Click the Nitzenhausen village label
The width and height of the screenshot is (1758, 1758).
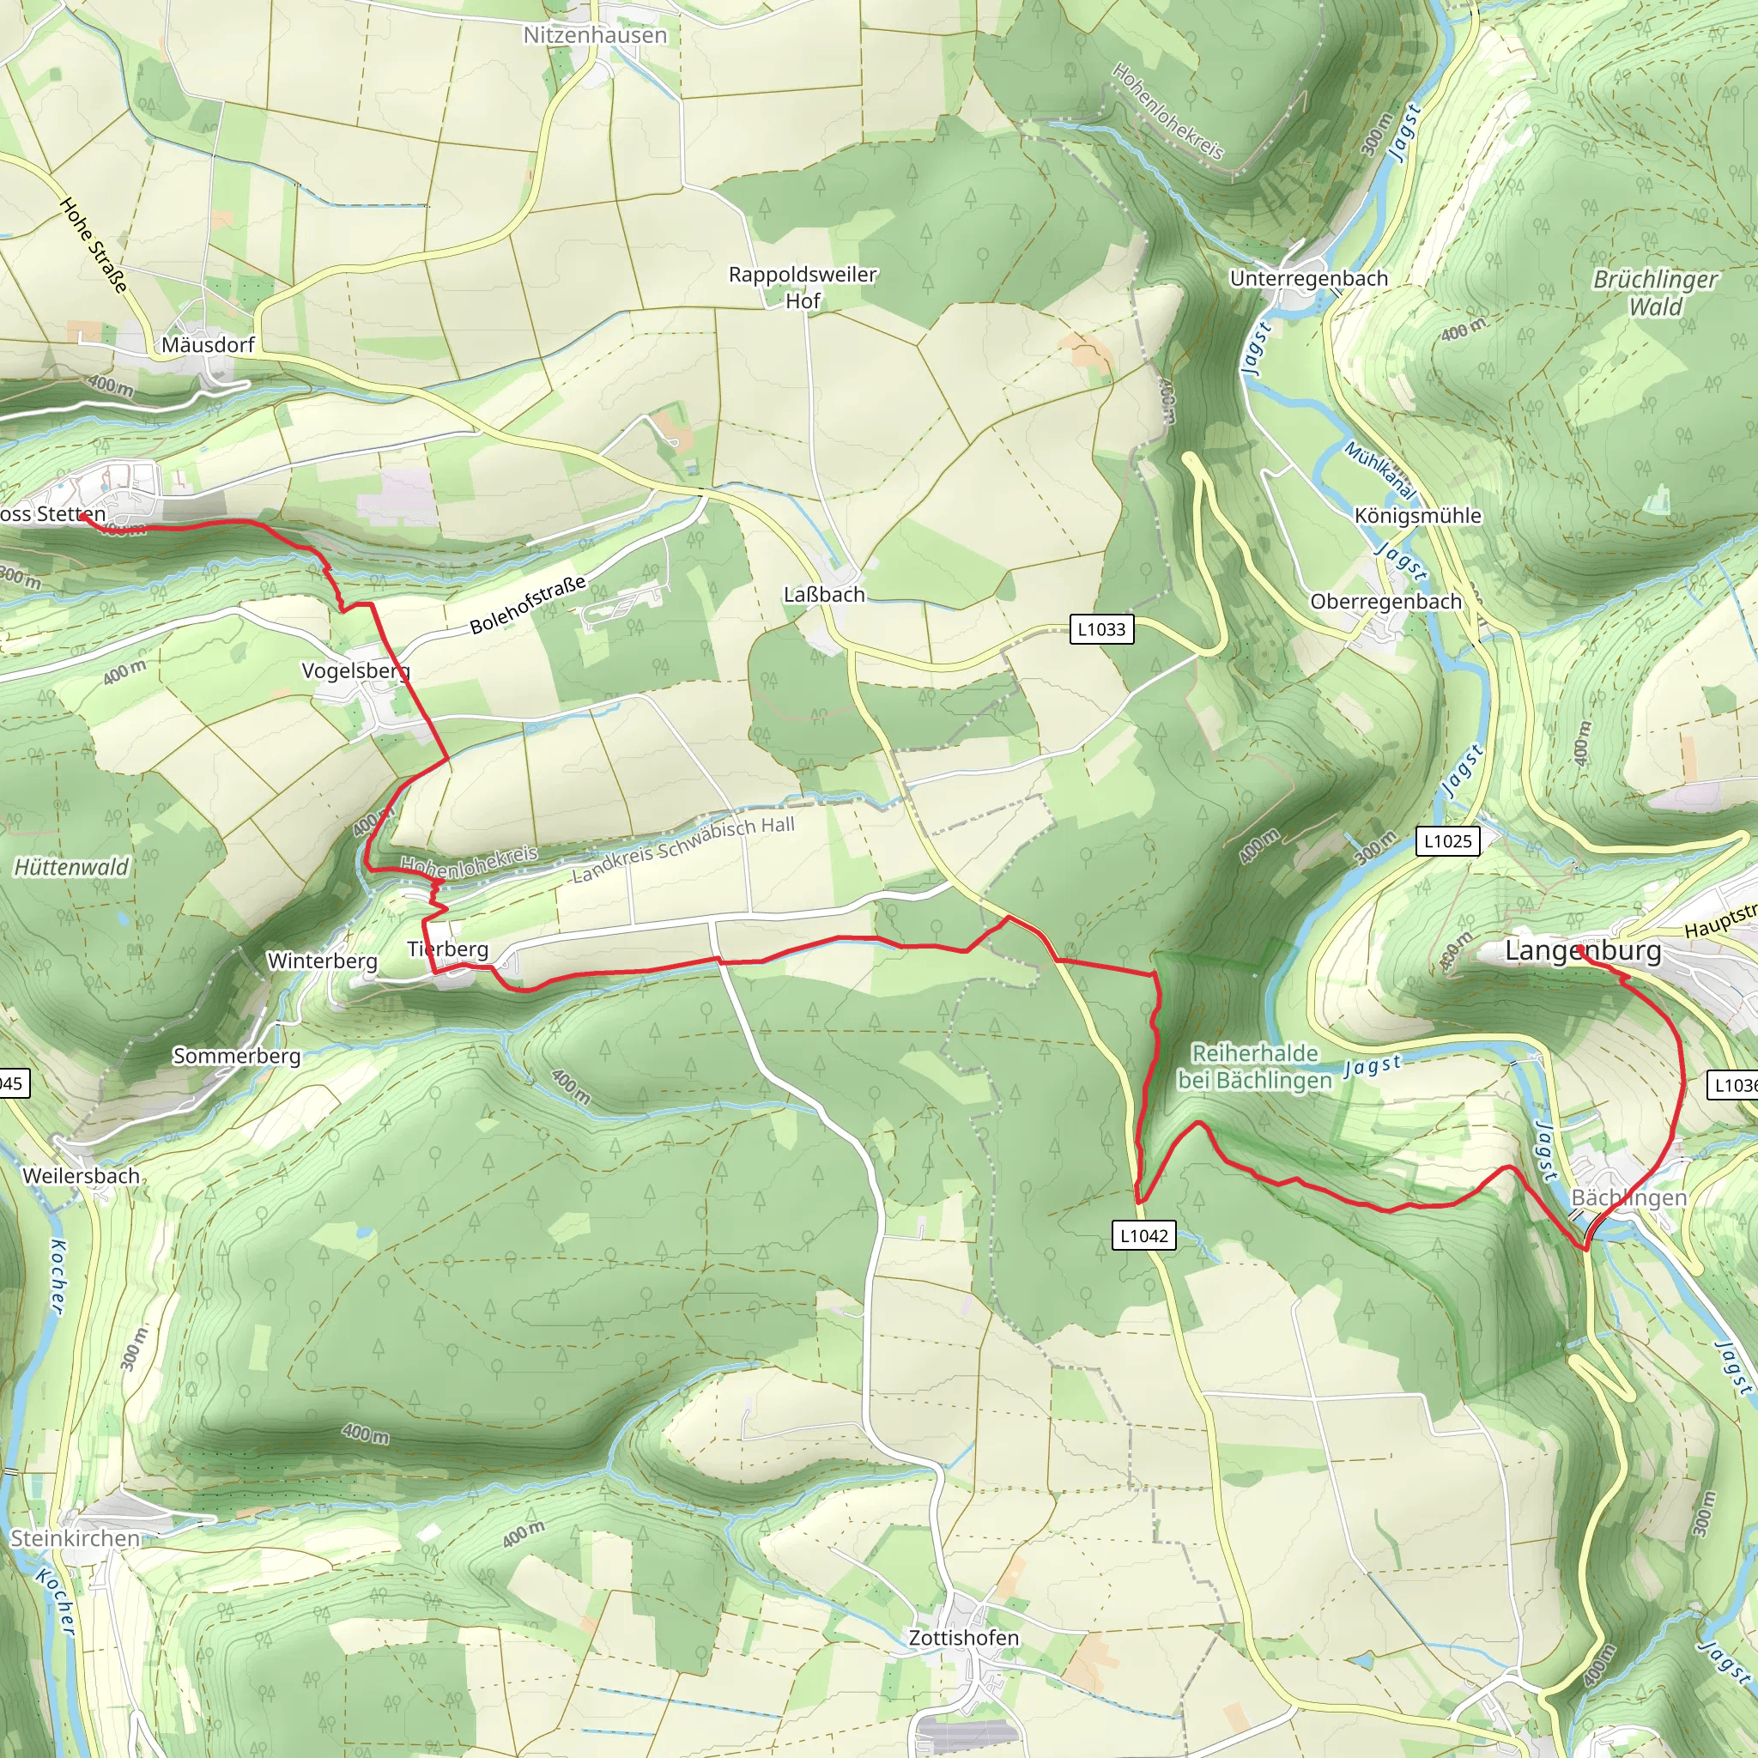click(x=595, y=35)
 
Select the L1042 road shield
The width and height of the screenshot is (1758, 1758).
click(x=1143, y=1236)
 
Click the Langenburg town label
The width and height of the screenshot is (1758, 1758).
click(x=1582, y=952)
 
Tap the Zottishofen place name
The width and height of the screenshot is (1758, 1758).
click(x=963, y=1638)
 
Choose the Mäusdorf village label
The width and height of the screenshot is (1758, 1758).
click(x=208, y=345)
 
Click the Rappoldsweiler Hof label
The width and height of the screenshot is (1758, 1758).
click(x=803, y=288)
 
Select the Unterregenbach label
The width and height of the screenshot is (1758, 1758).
click(x=1308, y=278)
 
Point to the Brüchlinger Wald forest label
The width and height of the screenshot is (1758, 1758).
click(x=1655, y=293)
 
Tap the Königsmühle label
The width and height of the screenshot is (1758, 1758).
click(x=1418, y=516)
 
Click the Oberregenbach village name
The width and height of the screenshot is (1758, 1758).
click(x=1385, y=602)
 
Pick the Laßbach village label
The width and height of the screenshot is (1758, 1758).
click(x=824, y=595)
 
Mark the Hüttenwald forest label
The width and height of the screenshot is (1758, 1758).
click(x=71, y=867)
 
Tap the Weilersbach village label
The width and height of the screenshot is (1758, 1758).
click(x=81, y=1176)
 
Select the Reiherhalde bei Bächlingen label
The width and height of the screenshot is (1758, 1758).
click(x=1255, y=1066)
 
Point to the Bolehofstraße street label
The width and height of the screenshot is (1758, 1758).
click(x=528, y=605)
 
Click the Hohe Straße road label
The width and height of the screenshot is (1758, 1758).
click(x=93, y=245)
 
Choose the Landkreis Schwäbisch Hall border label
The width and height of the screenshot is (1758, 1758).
click(x=683, y=849)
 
